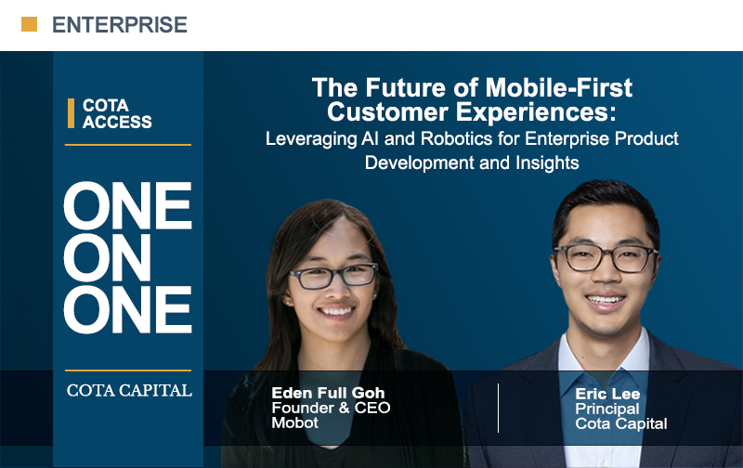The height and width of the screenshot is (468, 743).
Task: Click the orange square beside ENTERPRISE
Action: click(x=29, y=24)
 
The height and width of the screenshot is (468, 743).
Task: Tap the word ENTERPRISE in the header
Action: click(x=120, y=25)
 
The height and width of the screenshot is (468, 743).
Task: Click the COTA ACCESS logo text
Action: click(x=117, y=113)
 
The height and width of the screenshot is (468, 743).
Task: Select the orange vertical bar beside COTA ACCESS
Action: click(x=72, y=113)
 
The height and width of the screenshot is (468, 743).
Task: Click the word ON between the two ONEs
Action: click(x=107, y=257)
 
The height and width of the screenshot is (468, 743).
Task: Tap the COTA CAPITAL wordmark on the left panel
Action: click(x=129, y=390)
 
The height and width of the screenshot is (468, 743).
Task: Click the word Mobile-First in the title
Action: click(x=559, y=87)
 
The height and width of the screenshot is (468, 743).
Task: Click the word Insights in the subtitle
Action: click(x=547, y=162)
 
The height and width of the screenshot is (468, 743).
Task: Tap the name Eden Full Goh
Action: click(x=328, y=393)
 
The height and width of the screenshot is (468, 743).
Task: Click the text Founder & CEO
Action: click(x=331, y=408)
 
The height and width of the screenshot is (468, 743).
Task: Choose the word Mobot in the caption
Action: click(x=294, y=422)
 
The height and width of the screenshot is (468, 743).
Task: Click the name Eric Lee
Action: click(x=607, y=394)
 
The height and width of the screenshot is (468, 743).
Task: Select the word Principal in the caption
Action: click(x=607, y=409)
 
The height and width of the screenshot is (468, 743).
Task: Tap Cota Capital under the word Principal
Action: click(x=620, y=423)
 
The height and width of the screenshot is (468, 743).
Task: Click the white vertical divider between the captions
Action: click(x=498, y=408)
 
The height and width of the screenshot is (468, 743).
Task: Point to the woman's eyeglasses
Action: click(x=333, y=276)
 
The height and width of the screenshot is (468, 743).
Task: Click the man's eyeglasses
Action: click(x=605, y=258)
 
